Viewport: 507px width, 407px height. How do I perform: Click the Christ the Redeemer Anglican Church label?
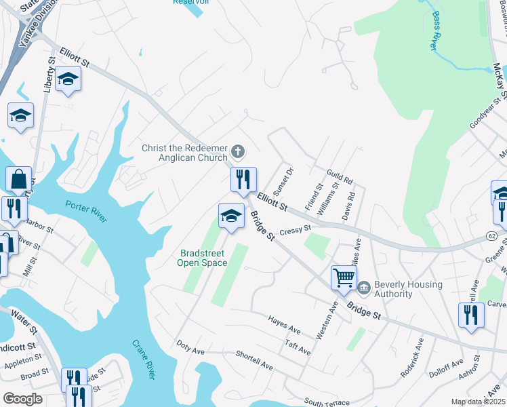pyautogui.click(x=184, y=153)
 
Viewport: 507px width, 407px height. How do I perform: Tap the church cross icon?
pyautogui.click(x=237, y=150)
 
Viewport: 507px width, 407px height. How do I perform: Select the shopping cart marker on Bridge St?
pyautogui.click(x=344, y=277)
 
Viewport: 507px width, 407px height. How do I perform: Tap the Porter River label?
pyautogui.click(x=86, y=211)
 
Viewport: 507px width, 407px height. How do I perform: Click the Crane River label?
pyautogui.click(x=144, y=360)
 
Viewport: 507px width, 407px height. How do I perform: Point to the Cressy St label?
pyautogui.click(x=295, y=230)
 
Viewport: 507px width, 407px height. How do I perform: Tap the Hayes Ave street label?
pyautogui.click(x=284, y=324)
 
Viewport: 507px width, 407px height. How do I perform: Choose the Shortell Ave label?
pyautogui.click(x=254, y=360)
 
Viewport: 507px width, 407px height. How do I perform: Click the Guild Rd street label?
pyautogui.click(x=340, y=177)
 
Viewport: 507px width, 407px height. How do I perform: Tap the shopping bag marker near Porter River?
pyautogui.click(x=18, y=180)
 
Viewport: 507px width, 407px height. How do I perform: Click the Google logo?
pyautogui.click(x=23, y=399)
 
